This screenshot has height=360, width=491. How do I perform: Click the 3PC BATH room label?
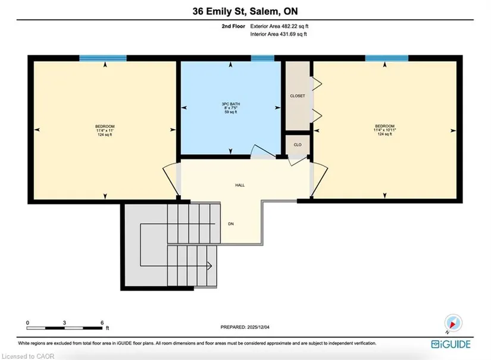coord(231,104)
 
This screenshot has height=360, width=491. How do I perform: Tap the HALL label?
coord(240,185)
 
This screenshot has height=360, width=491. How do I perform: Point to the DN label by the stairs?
coord(231,224)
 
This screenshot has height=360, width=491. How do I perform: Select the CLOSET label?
coord(298,96)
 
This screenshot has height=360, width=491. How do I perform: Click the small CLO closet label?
coord(298,145)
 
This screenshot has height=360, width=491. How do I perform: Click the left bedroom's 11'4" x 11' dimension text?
coord(105,130)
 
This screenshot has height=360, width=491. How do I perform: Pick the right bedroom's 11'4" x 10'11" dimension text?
coord(385,130)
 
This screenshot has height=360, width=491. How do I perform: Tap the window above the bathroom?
coord(262,58)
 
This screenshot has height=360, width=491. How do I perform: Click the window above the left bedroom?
coord(103,58)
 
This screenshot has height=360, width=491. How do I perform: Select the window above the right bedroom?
coord(387,58)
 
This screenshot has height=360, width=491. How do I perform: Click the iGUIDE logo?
coord(451,345)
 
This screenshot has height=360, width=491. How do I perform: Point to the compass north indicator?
coord(453,323)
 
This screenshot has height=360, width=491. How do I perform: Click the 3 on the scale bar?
coord(64,323)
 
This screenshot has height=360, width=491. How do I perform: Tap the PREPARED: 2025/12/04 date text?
coord(245,327)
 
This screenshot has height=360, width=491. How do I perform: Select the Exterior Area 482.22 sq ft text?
coord(279,26)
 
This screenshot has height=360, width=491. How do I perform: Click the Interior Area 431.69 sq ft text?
coord(279,34)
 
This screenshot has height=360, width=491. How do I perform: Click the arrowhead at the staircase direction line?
coord(209,266)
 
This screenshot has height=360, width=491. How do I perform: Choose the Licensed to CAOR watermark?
coord(28,356)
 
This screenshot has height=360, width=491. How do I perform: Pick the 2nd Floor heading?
coord(233,26)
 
